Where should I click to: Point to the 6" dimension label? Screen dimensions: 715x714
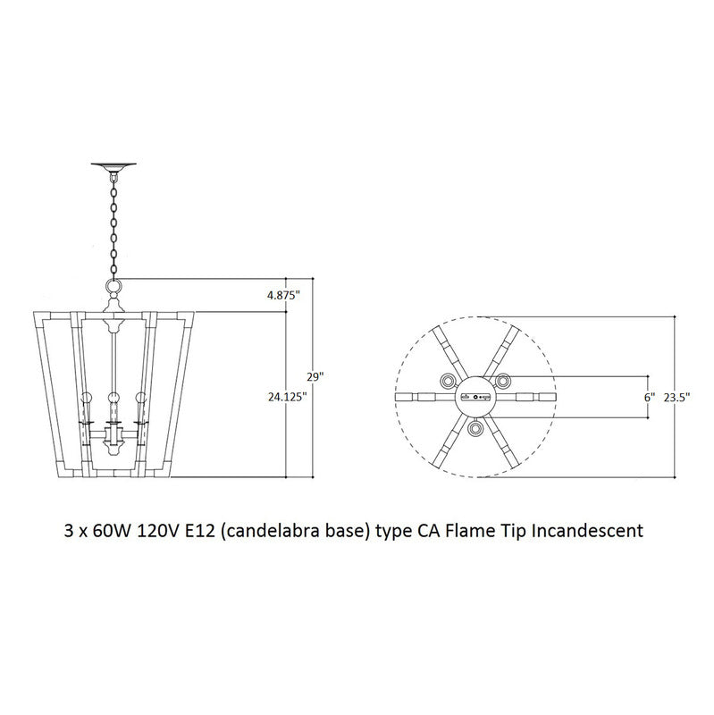[x=650, y=395]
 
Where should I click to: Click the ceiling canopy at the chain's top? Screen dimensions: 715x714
[x=113, y=165]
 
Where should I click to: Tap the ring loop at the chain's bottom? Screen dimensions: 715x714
[x=113, y=286]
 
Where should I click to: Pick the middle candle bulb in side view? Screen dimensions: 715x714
[x=113, y=398]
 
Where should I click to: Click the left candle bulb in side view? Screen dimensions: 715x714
[x=88, y=398]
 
